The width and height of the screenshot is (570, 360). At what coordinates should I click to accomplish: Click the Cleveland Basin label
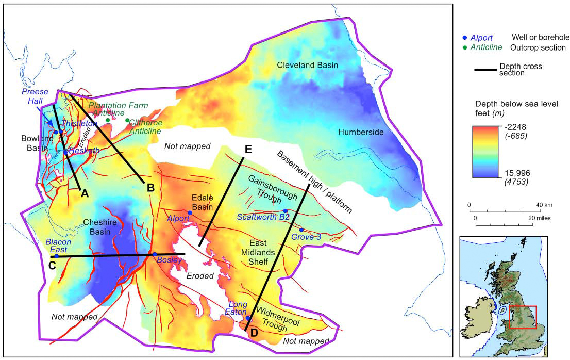307,65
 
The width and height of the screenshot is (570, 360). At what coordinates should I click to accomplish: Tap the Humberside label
361,133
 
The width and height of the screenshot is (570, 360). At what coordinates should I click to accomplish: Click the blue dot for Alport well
190,212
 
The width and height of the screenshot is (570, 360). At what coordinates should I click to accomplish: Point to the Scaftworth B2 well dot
285,211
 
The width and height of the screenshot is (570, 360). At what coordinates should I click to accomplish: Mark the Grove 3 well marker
301,230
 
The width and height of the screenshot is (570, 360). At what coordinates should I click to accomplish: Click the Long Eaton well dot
248,318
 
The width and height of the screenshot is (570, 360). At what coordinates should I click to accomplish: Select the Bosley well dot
154,254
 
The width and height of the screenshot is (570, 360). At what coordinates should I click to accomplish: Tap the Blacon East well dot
57,256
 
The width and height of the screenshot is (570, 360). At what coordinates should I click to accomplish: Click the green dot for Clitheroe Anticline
127,120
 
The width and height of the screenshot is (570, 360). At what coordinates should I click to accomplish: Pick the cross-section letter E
248,150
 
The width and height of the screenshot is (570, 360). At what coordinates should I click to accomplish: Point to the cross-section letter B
150,188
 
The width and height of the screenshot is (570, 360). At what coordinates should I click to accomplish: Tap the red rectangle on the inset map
523,317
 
